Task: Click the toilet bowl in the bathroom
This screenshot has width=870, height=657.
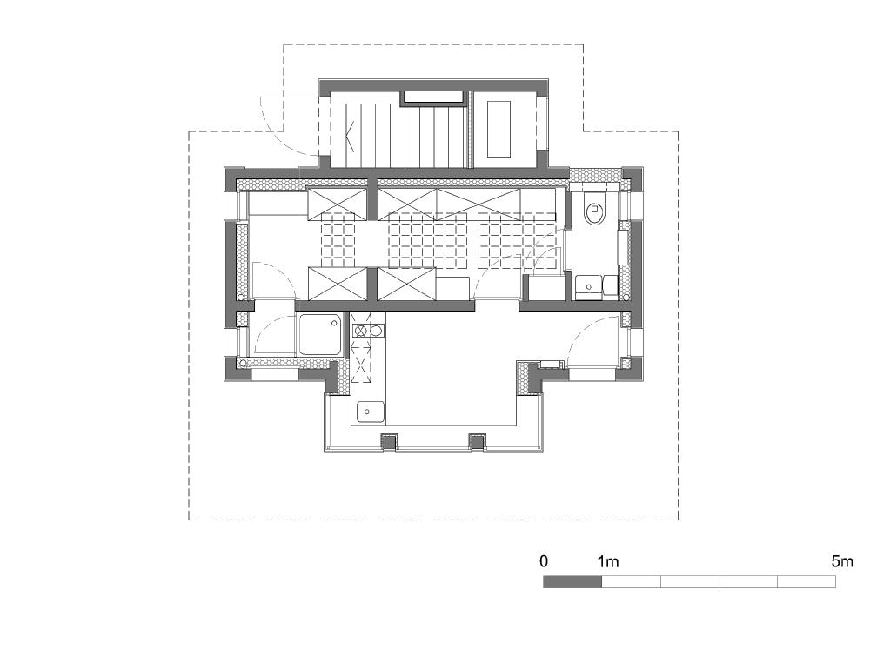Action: tap(595, 211)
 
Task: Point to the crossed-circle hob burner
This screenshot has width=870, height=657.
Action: tap(361, 332)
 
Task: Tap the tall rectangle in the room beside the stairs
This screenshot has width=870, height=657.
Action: tap(499, 130)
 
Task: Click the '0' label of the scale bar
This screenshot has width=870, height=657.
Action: tap(544, 561)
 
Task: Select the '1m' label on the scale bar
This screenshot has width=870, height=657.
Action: tap(608, 561)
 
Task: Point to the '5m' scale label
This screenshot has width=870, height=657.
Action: tap(842, 561)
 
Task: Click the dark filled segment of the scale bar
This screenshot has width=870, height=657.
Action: tap(572, 581)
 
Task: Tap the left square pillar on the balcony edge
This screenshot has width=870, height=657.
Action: tap(388, 442)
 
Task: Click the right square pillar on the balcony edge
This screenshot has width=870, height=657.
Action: tap(477, 442)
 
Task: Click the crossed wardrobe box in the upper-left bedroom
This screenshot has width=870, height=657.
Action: tap(338, 204)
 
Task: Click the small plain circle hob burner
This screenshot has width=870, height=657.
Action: tap(376, 332)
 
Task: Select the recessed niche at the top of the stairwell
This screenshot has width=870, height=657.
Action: tap(433, 97)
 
